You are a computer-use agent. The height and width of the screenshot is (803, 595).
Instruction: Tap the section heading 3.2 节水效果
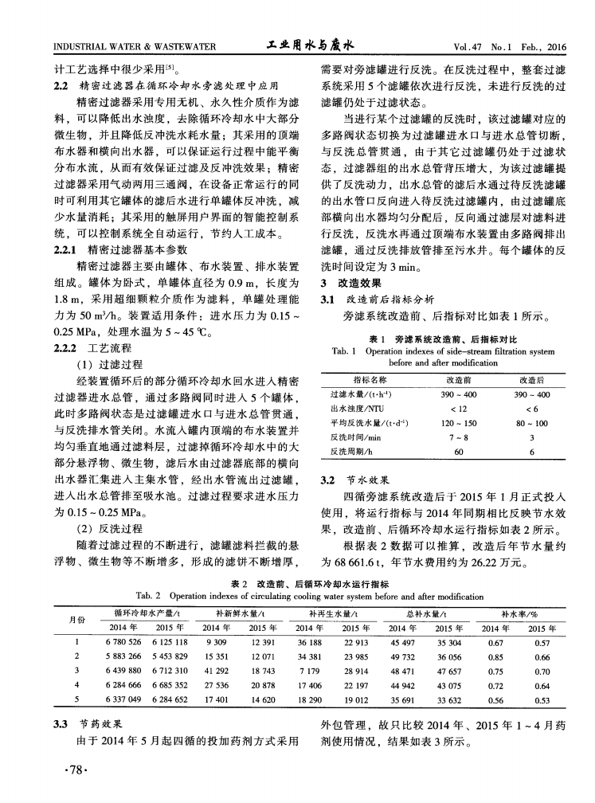tap(351, 480)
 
